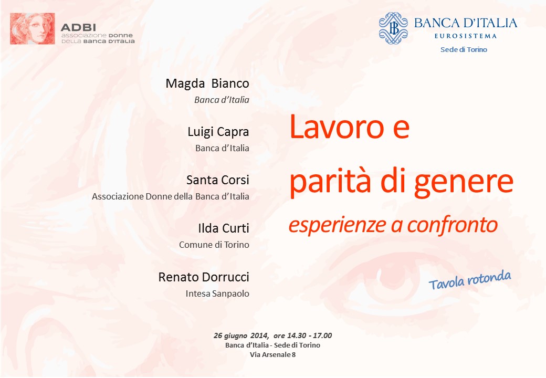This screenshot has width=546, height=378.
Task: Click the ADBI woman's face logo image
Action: pos(33,28)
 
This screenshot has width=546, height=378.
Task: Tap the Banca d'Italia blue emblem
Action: pos(393,28)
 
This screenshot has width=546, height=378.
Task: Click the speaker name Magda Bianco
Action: pos(207,83)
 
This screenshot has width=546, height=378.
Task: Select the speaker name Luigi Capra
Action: pos(218,132)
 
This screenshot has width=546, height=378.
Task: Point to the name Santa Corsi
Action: pos(218,180)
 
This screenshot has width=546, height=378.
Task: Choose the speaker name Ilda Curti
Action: pos(224,228)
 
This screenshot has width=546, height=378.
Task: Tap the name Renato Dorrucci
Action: pos(204,277)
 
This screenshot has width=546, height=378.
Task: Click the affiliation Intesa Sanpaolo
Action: pos(217,293)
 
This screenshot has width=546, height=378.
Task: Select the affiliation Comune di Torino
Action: pos(214,245)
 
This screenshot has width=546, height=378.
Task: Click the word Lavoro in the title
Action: pos(337,127)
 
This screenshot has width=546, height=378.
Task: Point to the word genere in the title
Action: pos(464,183)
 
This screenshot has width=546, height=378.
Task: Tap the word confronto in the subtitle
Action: pos(453,225)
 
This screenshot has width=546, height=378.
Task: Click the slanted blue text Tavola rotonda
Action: pos(470,280)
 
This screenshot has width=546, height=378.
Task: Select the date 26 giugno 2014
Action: pos(241,335)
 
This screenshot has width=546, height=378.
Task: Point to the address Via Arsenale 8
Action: pos(272,355)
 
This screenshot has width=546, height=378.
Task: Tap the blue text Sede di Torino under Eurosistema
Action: pos(464,49)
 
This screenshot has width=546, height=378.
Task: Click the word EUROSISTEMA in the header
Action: pos(465,36)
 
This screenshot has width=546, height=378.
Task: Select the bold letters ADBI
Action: pos(78,27)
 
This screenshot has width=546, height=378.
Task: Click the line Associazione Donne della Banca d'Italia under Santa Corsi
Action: pos(171,196)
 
